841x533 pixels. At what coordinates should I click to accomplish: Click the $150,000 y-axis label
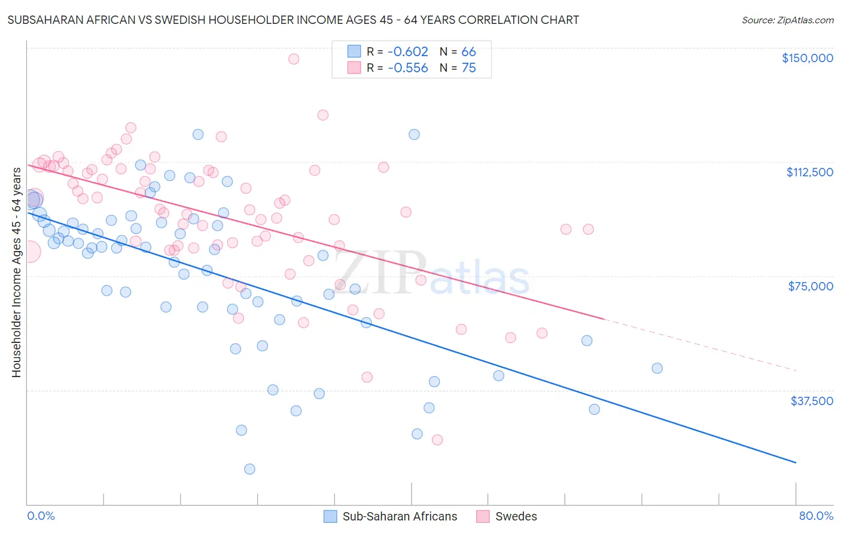(x=807, y=58)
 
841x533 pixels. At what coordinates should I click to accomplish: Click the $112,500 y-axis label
(x=809, y=172)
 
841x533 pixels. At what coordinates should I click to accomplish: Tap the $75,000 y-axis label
(x=810, y=286)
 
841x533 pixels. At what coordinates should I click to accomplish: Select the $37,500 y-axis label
(x=812, y=400)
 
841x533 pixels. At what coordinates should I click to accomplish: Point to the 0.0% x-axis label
(x=41, y=516)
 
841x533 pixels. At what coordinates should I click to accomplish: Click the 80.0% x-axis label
(x=816, y=516)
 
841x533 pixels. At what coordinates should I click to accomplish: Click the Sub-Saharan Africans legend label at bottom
(x=400, y=516)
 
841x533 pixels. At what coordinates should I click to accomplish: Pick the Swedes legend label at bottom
(x=516, y=516)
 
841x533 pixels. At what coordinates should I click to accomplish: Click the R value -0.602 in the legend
(x=408, y=51)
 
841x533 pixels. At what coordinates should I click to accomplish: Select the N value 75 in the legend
(x=469, y=68)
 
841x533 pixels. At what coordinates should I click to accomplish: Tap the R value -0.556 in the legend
(x=408, y=68)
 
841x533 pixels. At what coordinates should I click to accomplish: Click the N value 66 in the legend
(x=469, y=51)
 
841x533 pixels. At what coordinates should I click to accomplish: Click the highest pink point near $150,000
(x=294, y=59)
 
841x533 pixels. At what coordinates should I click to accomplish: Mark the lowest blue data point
(x=250, y=469)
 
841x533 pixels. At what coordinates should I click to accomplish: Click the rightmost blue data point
(x=657, y=368)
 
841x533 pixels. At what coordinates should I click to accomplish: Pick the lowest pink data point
(x=437, y=440)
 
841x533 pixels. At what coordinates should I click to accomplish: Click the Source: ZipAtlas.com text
(x=787, y=20)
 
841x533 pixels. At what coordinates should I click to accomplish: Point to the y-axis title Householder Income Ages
(x=17, y=272)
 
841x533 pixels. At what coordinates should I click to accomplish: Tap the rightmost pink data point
(x=589, y=229)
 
